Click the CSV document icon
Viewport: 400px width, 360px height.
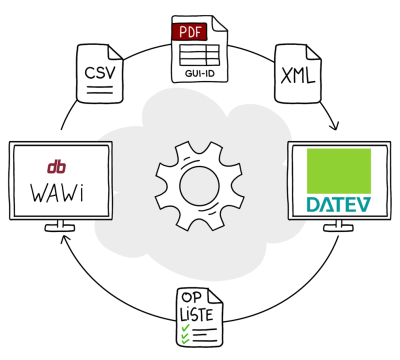coord(100,76)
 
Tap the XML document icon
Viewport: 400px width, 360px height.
coord(298,76)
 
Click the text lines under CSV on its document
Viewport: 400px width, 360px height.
coord(98,91)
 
